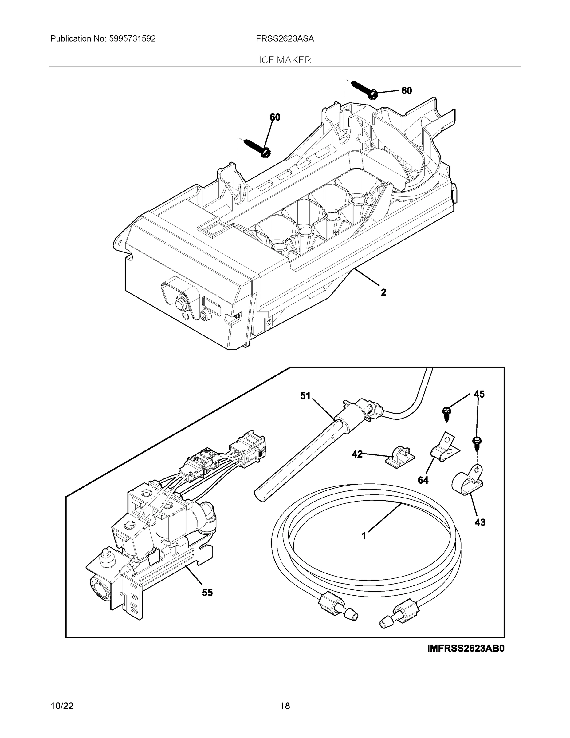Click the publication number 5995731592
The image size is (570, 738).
pos(132,39)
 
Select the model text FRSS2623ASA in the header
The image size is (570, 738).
pos(285,39)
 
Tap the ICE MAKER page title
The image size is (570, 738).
pos(285,60)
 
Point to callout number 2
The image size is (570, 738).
pos(383,292)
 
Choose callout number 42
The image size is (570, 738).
pos(357,454)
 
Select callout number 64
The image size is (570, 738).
pos(423,480)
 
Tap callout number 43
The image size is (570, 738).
pos(480,522)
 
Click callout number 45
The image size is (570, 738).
pos(479,394)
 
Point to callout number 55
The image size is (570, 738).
pos(207,592)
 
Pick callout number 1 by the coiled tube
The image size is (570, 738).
pos(364,536)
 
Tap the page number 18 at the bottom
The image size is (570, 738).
pos(285,706)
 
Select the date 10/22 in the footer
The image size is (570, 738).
pos(62,706)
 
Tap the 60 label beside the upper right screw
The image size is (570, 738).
pos(407,91)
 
